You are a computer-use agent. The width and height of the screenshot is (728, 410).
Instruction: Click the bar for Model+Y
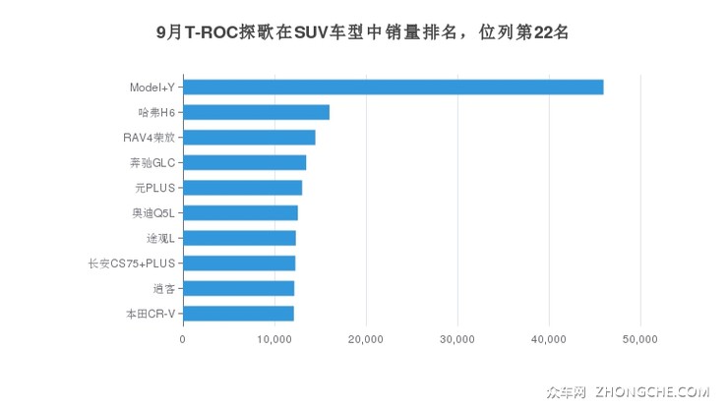(393, 88)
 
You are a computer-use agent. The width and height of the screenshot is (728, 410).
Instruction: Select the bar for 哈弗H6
(256, 112)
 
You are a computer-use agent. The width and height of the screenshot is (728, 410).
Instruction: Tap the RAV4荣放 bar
(249, 138)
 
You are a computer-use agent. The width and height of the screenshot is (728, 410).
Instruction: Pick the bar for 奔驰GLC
(244, 162)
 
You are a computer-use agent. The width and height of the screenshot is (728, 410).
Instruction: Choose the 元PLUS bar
(242, 188)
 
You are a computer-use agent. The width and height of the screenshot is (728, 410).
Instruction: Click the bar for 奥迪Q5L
(240, 212)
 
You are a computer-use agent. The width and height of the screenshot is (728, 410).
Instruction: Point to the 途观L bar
(239, 238)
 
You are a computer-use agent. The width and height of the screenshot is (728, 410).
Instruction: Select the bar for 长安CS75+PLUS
(239, 263)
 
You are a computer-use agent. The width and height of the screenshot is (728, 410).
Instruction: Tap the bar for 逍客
(238, 288)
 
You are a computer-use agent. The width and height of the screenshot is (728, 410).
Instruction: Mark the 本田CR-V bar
(238, 314)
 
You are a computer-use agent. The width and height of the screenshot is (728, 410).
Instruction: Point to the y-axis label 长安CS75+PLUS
(131, 264)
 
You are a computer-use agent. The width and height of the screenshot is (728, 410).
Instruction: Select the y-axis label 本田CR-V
(150, 314)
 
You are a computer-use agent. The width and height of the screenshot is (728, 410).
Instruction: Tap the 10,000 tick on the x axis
(274, 339)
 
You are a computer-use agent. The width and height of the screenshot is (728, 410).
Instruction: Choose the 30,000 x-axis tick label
(457, 339)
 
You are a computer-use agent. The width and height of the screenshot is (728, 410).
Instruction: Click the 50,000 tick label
(640, 339)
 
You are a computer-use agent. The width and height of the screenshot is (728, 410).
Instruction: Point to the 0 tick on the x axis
(183, 339)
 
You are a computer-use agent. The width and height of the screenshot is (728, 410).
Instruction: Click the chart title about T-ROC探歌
(363, 31)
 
